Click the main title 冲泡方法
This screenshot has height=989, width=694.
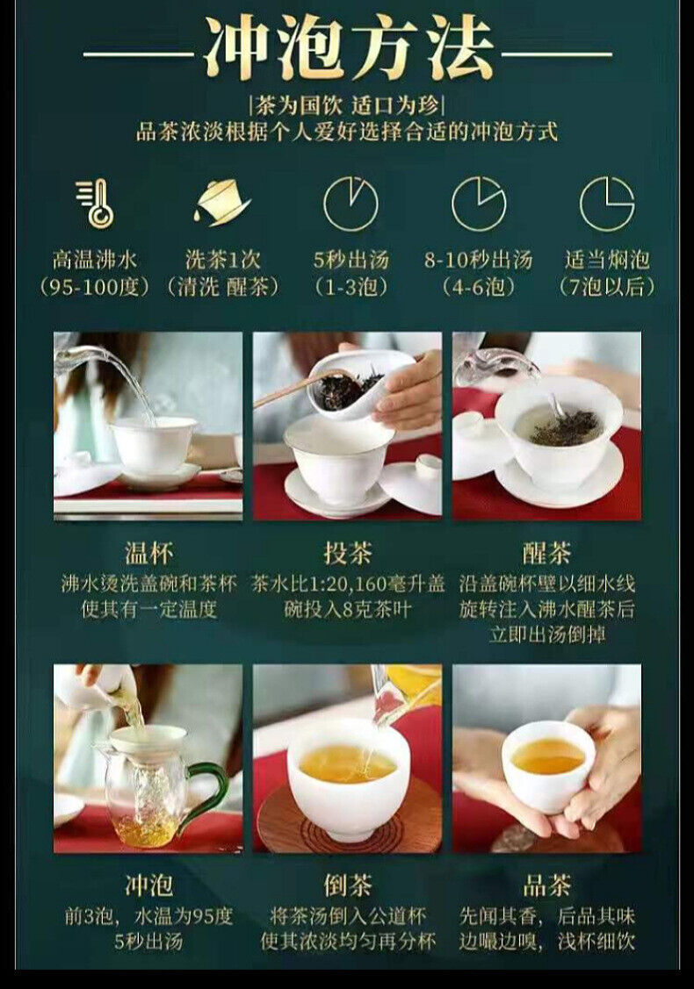[x=349, y=49]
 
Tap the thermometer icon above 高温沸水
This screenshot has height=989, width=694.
[x=96, y=203]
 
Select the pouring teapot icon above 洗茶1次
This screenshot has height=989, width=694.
[x=221, y=202]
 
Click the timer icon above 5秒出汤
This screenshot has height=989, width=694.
[x=351, y=204]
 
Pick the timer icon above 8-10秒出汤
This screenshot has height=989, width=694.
[x=479, y=204]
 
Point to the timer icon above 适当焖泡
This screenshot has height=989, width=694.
[x=607, y=204]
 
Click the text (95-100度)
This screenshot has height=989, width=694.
[x=94, y=288]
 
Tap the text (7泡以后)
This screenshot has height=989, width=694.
[x=607, y=288]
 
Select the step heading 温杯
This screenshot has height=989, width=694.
[x=148, y=553]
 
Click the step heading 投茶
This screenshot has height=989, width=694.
[x=347, y=553]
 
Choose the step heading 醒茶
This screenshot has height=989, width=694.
[x=546, y=553]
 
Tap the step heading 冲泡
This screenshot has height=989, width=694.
[x=148, y=885]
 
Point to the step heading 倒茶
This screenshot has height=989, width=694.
[x=347, y=885]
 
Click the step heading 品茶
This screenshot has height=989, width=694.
[x=546, y=885]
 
